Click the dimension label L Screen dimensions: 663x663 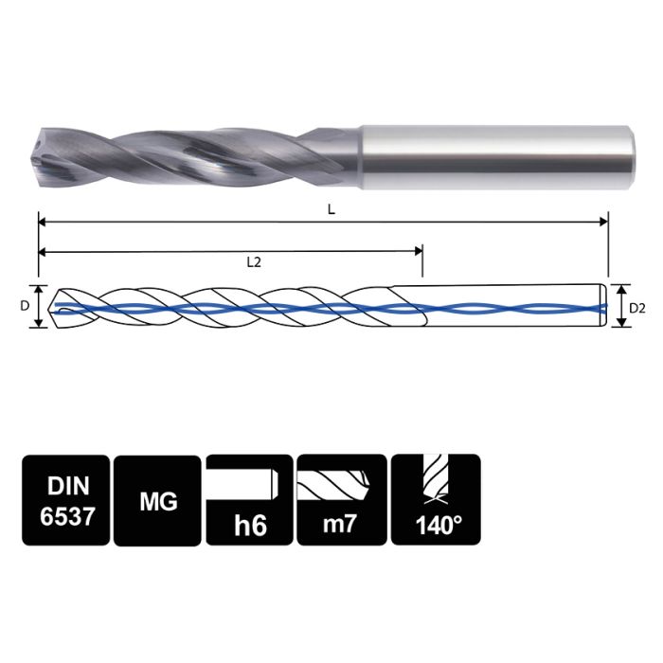tap(331, 209)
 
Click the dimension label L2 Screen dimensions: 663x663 tap(253, 262)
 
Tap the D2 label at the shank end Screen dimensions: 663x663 tap(637, 307)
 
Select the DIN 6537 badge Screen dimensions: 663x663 tap(63, 499)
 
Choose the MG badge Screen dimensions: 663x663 tap(156, 499)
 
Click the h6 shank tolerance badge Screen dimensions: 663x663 tap(249, 499)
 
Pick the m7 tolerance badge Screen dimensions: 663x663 tap(341, 499)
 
